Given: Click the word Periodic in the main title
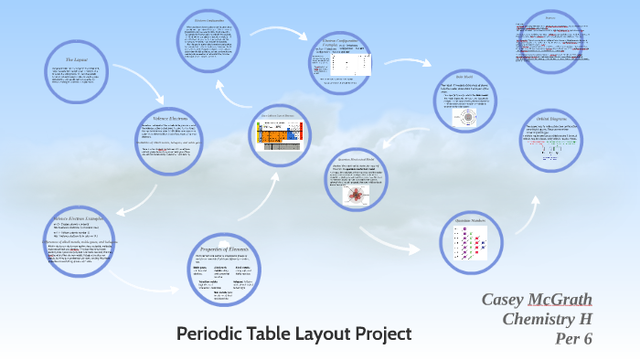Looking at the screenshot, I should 211,334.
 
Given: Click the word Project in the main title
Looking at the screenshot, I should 379,334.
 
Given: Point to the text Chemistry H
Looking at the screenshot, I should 548,319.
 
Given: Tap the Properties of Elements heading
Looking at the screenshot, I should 222,249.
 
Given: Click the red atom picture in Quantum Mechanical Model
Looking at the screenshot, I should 356,196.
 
